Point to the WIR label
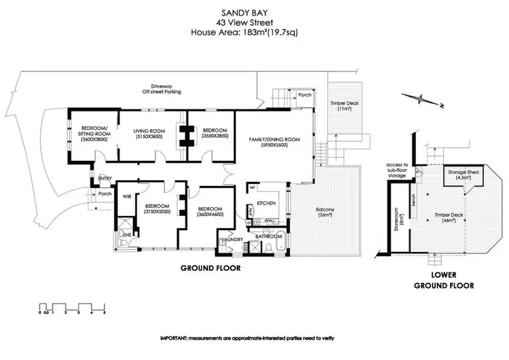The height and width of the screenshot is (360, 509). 126,197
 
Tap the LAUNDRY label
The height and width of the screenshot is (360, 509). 233,238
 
